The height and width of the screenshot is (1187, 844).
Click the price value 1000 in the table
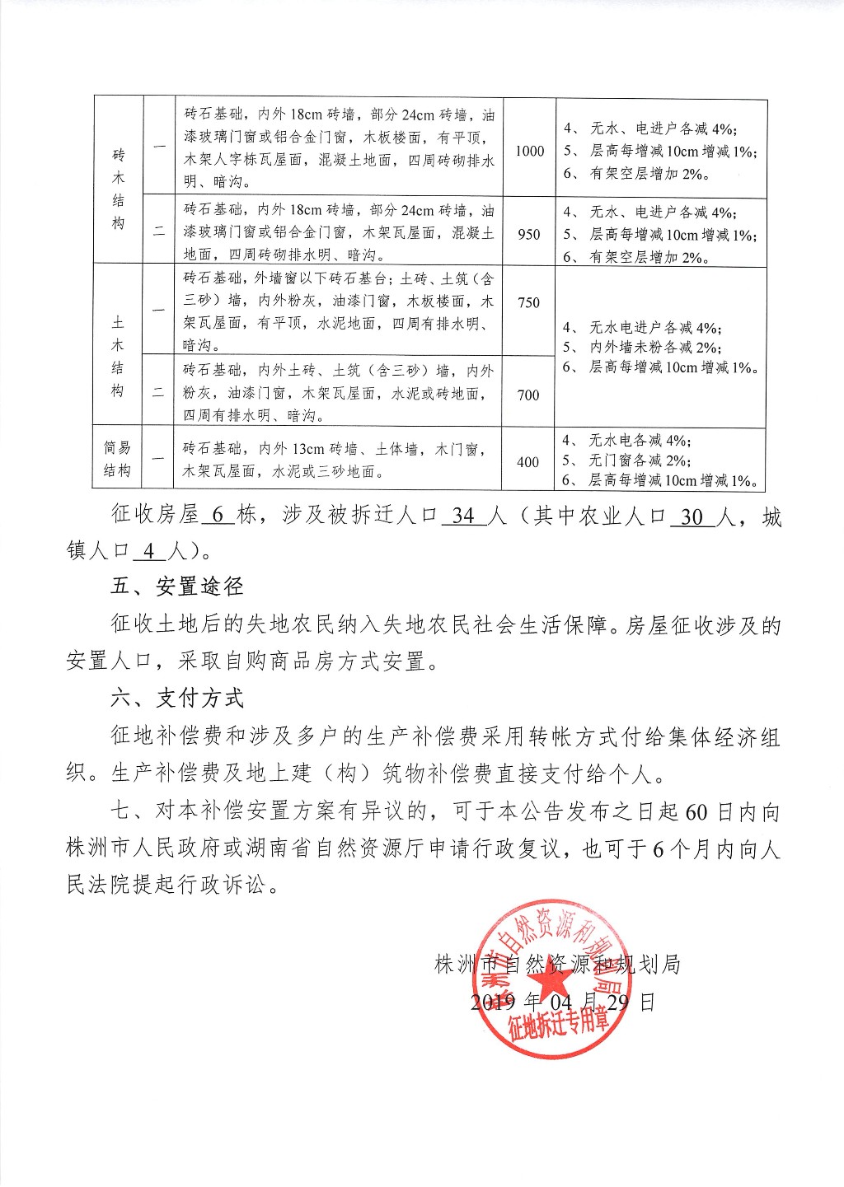click(x=529, y=151)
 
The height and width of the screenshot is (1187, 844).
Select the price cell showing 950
click(x=529, y=234)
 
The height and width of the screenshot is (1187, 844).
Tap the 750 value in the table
click(x=529, y=302)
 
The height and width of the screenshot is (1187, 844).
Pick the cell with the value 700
click(x=529, y=395)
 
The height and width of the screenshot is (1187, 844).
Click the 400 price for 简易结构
click(x=528, y=462)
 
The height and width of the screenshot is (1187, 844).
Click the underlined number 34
click(x=464, y=516)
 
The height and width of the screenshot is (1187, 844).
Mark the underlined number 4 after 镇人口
click(x=148, y=550)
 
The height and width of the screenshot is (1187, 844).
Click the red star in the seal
click(x=550, y=985)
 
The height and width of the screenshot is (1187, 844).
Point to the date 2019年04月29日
click(x=562, y=1002)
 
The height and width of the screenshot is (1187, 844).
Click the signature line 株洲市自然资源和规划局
click(x=557, y=964)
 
